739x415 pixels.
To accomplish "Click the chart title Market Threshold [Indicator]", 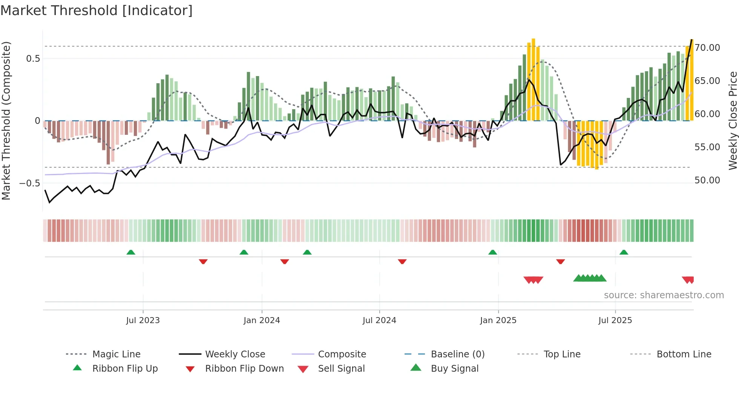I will (x=97, y=11).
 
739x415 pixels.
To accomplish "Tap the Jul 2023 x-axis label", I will (x=143, y=320).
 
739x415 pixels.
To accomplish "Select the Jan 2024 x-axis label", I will (x=262, y=320).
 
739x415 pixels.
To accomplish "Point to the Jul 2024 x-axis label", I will (x=379, y=320).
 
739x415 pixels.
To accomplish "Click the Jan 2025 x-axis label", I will (x=498, y=320).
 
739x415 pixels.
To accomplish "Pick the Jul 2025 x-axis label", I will (x=615, y=320).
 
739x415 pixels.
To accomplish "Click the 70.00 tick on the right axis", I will (x=707, y=48).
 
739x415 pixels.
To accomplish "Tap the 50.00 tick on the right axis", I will (x=707, y=180).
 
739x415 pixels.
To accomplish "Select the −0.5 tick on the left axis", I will (x=29, y=183).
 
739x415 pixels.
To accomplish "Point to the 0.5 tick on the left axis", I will (x=33, y=59).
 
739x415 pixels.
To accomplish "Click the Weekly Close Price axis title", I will (x=733, y=121).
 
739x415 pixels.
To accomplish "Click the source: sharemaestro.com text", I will (x=664, y=295).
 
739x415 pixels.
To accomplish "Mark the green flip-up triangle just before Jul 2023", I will (x=131, y=252).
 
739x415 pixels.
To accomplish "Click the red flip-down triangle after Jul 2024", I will (x=402, y=261).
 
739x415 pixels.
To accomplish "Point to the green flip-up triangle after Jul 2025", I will (x=624, y=252).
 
